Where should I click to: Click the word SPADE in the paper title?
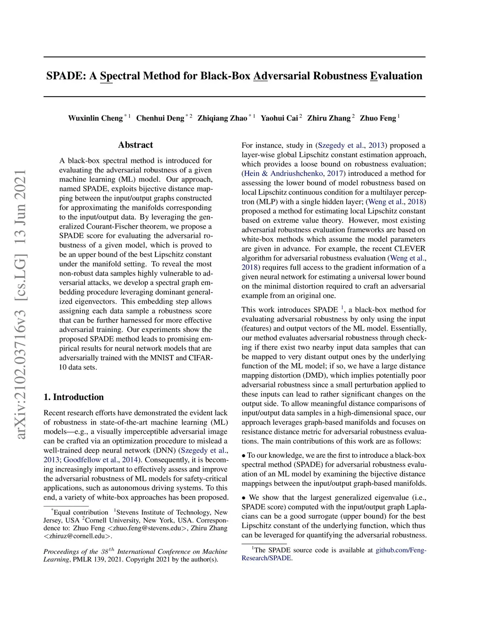point(66,76)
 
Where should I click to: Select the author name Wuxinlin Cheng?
point(95,118)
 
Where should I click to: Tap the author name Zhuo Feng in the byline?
point(378,118)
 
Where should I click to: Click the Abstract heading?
point(135,145)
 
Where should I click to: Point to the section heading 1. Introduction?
point(74,397)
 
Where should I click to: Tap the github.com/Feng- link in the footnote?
point(401,550)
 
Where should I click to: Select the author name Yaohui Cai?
point(279,118)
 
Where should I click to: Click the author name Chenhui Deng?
point(160,118)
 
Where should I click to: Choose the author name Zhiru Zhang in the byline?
point(329,118)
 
